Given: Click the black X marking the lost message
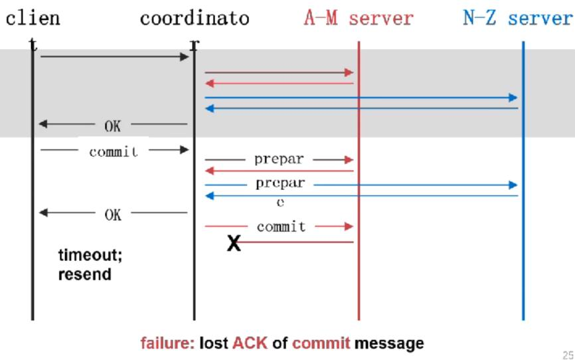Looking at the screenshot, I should point(234,244).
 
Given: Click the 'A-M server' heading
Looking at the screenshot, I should point(358,18).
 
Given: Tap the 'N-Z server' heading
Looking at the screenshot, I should point(517,18).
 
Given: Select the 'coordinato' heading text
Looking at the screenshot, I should point(195,18).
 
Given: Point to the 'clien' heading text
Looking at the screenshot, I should point(33,18).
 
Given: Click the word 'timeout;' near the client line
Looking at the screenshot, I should point(90,256).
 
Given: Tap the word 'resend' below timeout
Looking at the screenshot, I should point(84,274).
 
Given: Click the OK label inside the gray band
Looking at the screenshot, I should point(113,124).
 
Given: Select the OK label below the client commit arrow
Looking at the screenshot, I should point(113,214).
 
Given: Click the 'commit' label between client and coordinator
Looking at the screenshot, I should point(114,151).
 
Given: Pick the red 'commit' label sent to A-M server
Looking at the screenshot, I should point(281,226).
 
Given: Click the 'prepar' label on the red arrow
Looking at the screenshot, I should point(279,159).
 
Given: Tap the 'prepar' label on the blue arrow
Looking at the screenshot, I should point(280,183).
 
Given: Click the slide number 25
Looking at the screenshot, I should point(567,355).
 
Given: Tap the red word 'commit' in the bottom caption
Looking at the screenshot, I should point(321,343).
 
